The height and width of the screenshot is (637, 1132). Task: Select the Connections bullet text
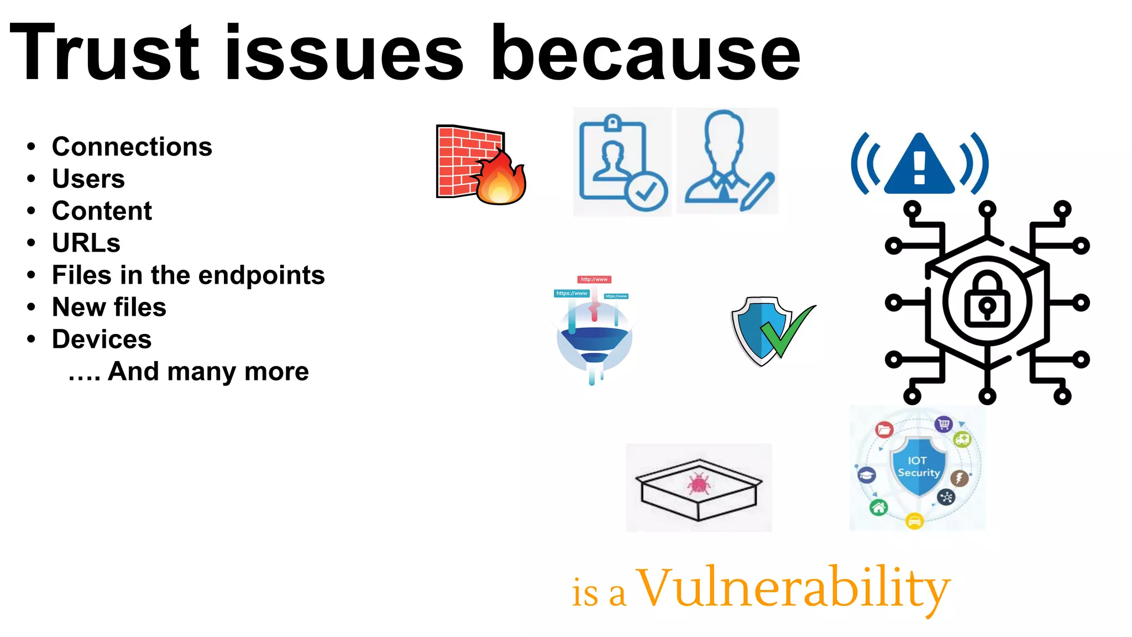[132, 147]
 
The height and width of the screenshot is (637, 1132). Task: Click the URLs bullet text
[86, 243]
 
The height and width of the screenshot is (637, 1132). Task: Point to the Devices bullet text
[102, 340]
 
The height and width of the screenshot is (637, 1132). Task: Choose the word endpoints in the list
[261, 275]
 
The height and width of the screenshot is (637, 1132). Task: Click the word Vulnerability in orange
[794, 588]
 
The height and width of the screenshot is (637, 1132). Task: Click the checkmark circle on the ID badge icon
[646, 191]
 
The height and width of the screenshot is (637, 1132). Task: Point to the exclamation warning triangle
[919, 165]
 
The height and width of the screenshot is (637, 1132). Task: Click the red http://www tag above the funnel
[594, 279]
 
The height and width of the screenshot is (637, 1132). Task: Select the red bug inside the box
[699, 484]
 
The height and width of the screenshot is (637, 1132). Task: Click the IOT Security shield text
[918, 467]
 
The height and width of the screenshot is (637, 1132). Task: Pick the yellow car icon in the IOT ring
[915, 521]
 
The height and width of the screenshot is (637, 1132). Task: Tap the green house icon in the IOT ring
[878, 507]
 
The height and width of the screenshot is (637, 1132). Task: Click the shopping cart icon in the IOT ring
[944, 424]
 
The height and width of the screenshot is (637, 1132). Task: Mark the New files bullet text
[109, 307]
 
